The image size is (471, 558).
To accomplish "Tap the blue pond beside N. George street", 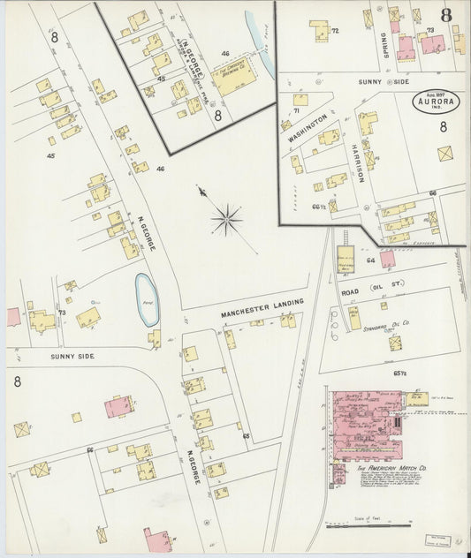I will click(x=146, y=299).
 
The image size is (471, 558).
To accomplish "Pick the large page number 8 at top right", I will click(x=446, y=16).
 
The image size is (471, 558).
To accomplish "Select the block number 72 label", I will click(x=335, y=31).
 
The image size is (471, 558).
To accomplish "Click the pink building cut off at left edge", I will click(x=12, y=316).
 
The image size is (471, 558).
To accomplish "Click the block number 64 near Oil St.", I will click(x=371, y=260).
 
